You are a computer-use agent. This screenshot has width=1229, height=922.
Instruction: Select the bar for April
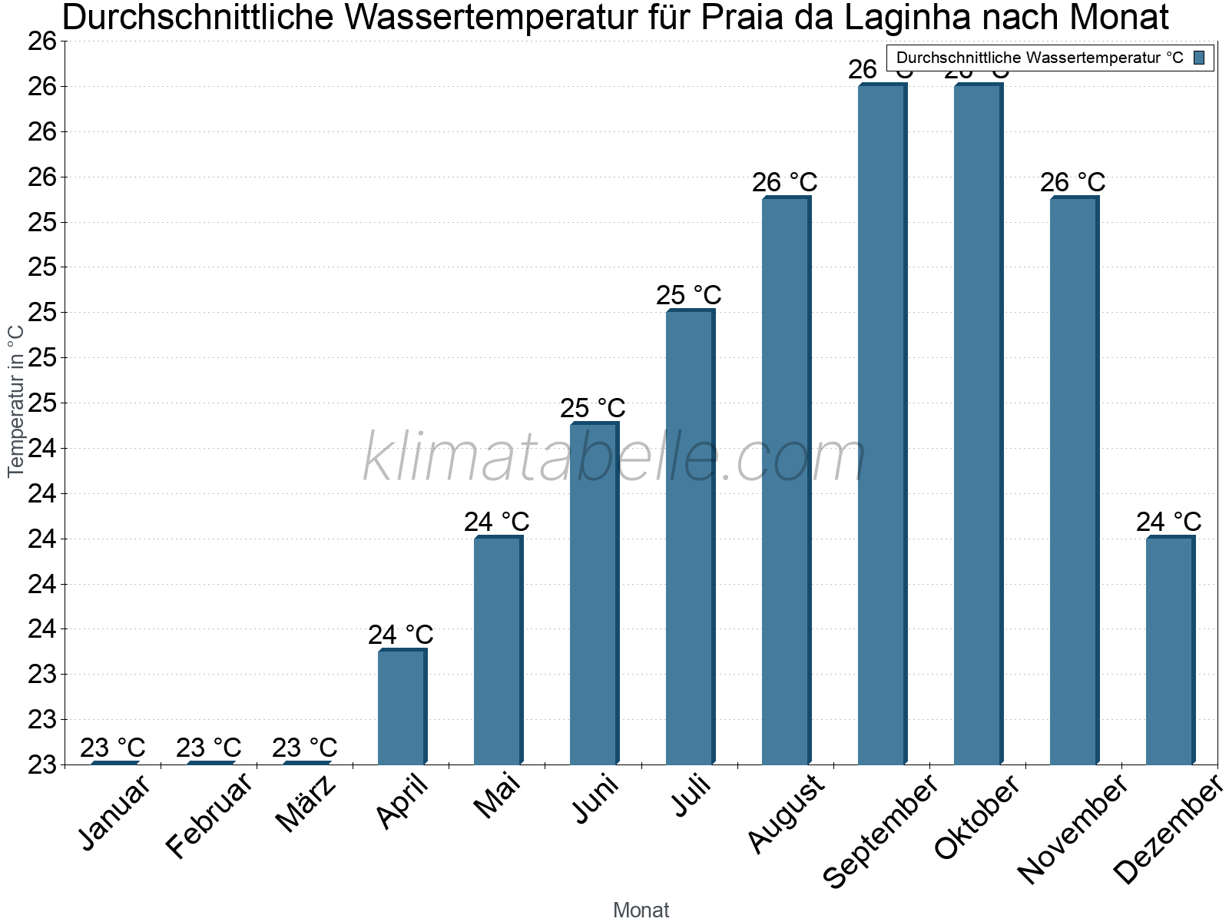coord(402,707)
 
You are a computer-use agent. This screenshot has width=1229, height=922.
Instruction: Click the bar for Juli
coord(690,538)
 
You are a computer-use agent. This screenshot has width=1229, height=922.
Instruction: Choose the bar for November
coord(1074,481)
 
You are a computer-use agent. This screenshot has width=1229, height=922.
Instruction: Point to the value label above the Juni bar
coord(592,408)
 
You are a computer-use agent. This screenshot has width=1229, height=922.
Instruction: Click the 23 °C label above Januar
coord(112,748)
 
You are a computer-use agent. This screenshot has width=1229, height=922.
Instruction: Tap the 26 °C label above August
coord(784,183)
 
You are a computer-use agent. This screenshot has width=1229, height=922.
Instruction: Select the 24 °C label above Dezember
coord(1168,522)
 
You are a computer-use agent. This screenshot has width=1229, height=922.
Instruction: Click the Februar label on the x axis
coord(209,816)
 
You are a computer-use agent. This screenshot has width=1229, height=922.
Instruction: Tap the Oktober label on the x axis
coord(977,816)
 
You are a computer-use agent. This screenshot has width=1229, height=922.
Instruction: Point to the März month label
coord(306,805)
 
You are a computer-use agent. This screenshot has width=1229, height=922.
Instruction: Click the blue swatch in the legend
coord(1199,58)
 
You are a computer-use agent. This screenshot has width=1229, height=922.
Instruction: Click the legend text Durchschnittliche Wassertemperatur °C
coord(1039,58)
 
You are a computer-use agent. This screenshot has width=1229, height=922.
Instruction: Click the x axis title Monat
coord(641,910)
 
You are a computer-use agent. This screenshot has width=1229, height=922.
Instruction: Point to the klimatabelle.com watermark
coord(614,459)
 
